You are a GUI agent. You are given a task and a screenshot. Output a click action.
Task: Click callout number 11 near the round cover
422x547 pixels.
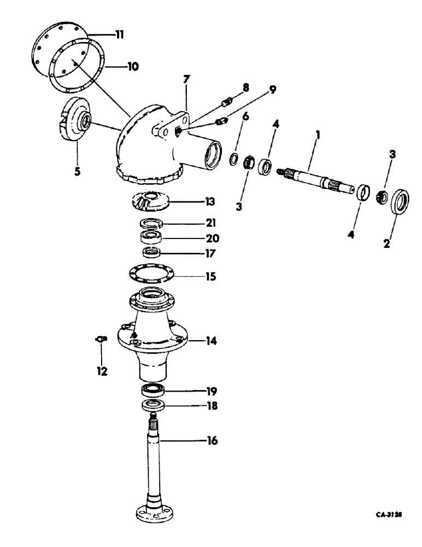pos(119,34)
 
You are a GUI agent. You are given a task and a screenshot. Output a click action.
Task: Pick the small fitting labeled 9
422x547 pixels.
pos(221,121)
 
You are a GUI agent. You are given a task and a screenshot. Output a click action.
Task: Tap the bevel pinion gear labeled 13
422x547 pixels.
pos(152,201)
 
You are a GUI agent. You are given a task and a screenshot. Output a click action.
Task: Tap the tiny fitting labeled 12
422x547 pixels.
pos(99,340)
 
